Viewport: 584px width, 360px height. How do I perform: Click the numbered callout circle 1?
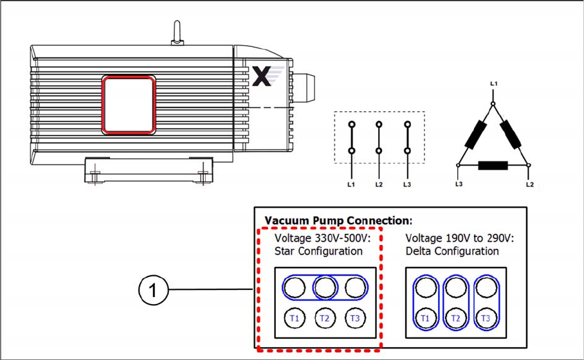(x=153, y=290)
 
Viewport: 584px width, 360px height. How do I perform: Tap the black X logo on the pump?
(x=262, y=76)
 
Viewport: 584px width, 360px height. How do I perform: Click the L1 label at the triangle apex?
(x=493, y=84)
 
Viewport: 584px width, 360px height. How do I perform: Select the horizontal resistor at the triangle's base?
(x=493, y=165)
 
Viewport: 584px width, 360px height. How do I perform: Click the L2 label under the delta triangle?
(x=529, y=184)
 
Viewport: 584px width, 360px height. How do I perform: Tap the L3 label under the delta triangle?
(x=459, y=184)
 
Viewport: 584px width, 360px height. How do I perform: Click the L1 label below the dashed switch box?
(x=351, y=184)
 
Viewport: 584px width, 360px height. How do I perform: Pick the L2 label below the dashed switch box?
(x=379, y=184)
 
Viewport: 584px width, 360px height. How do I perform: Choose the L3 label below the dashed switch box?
(x=406, y=184)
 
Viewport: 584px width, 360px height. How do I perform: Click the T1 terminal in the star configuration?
(x=295, y=318)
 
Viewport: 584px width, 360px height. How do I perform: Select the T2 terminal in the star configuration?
(x=325, y=318)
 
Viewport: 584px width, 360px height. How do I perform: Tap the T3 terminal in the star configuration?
(x=355, y=318)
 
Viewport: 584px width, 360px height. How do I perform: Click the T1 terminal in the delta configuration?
(x=425, y=318)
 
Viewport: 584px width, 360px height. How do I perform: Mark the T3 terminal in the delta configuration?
(x=486, y=318)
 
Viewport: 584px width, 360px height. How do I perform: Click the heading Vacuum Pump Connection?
(x=338, y=221)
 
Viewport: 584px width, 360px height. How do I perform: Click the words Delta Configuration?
(x=452, y=251)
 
